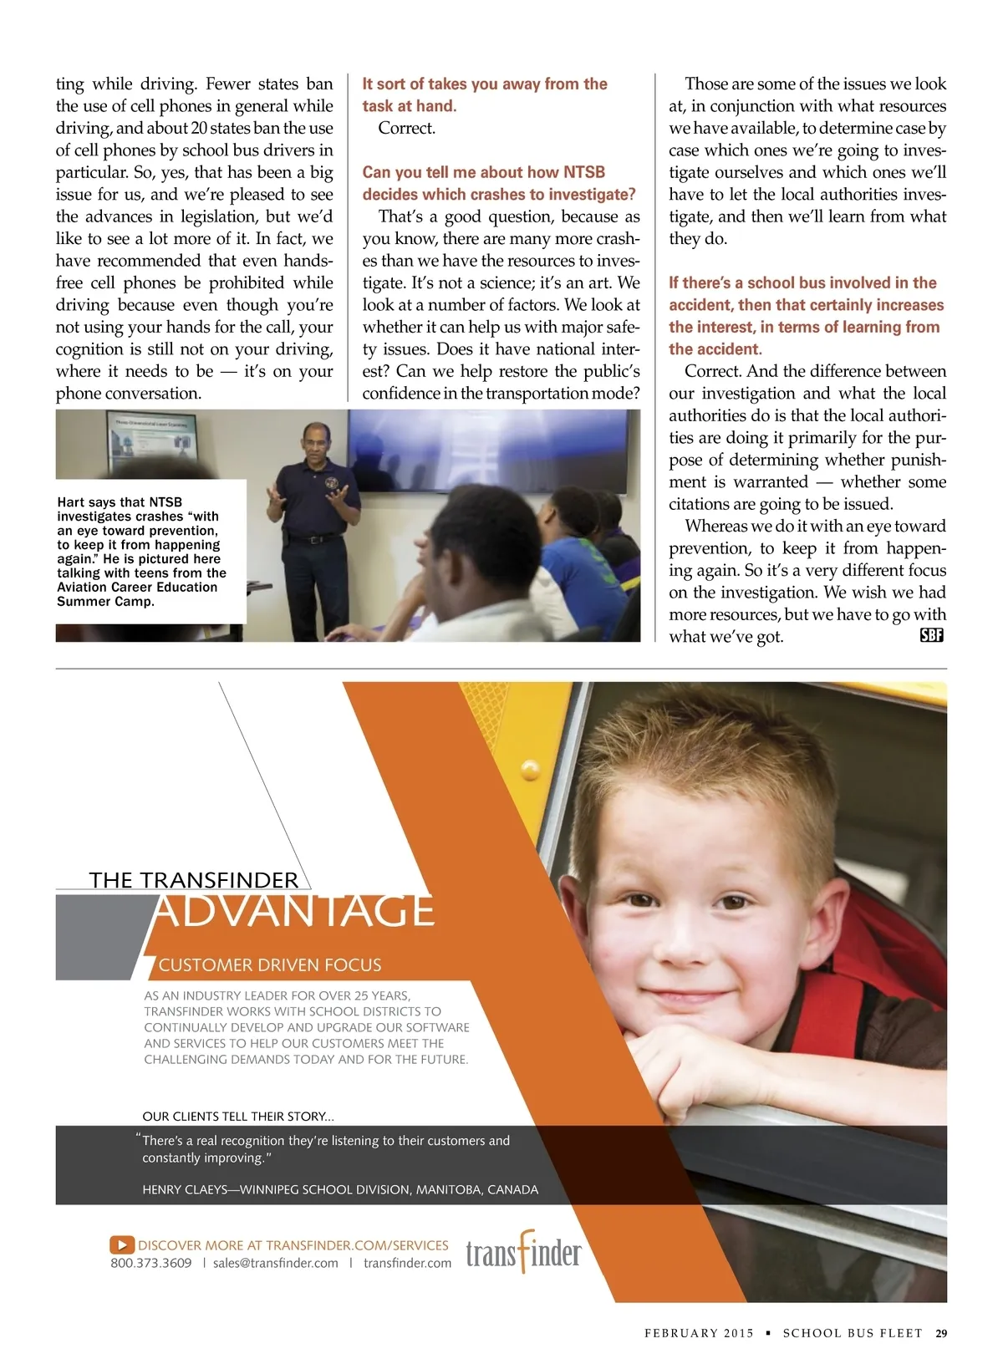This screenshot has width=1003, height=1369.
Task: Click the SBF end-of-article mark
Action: tap(931, 635)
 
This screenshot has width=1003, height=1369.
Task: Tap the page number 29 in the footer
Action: tap(941, 1333)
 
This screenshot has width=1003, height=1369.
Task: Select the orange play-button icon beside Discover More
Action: tap(122, 1245)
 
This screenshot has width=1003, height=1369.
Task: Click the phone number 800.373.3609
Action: tap(151, 1263)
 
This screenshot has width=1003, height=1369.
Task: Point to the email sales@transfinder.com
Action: tap(275, 1263)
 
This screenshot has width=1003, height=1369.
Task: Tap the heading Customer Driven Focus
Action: tap(270, 964)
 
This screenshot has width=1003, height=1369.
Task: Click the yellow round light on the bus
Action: tap(530, 769)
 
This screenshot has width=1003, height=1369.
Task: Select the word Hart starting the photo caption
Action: tap(72, 502)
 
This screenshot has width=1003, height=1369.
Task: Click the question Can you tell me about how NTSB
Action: tap(483, 172)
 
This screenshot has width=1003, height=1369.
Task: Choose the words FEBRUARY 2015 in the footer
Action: tap(699, 1333)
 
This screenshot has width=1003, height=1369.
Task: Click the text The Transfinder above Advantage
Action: tap(193, 880)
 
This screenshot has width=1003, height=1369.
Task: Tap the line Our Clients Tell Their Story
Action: tap(238, 1116)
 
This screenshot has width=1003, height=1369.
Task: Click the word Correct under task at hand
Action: tap(406, 128)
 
